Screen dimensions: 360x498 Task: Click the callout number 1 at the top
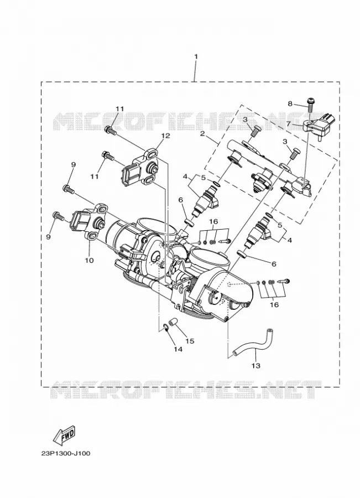pyautogui.click(x=196, y=56)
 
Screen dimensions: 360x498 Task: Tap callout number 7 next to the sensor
pyautogui.click(x=288, y=123)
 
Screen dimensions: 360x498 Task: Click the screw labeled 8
pyautogui.click(x=310, y=106)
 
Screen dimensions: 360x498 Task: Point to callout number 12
pyautogui.click(x=166, y=136)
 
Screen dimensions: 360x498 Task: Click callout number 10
pyautogui.click(x=90, y=260)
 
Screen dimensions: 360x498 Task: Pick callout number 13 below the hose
pyautogui.click(x=256, y=366)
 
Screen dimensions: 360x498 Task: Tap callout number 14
pyautogui.click(x=178, y=349)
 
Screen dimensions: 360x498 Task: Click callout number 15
pyautogui.click(x=190, y=341)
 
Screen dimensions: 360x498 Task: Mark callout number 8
pyautogui.click(x=290, y=103)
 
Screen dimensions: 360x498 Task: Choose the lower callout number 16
pyautogui.click(x=274, y=304)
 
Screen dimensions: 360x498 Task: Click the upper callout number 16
pyautogui.click(x=213, y=221)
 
